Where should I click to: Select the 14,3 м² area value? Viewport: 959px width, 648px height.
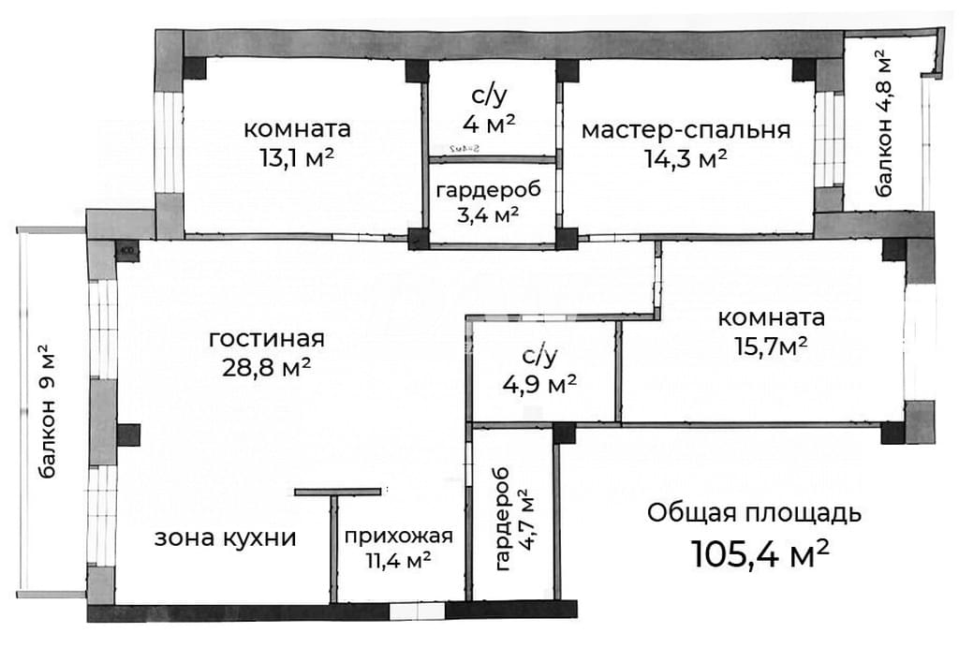pos(686,159)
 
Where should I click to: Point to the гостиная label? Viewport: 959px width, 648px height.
pos(267,338)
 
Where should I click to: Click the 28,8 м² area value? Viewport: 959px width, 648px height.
pos(267,368)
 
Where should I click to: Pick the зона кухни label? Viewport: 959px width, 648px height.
pos(225,538)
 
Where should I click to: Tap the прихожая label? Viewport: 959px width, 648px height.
pos(399,538)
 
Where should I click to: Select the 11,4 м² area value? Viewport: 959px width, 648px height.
pos(399,559)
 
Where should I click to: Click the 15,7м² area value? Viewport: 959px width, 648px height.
pos(771,346)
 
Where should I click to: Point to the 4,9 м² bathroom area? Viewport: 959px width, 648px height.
pos(539,385)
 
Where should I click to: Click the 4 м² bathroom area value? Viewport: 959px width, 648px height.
pos(489,125)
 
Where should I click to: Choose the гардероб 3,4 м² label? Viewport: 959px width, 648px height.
pos(488,202)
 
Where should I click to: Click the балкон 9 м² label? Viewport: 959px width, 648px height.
pos(47,411)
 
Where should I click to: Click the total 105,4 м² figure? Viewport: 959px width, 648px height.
pos(760,553)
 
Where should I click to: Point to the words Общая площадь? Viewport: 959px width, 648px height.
pos(754,513)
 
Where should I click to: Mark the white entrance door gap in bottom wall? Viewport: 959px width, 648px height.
pos(417,611)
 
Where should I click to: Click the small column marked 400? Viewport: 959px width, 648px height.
pos(127,249)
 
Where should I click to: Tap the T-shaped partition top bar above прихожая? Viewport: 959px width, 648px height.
pos(337,492)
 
